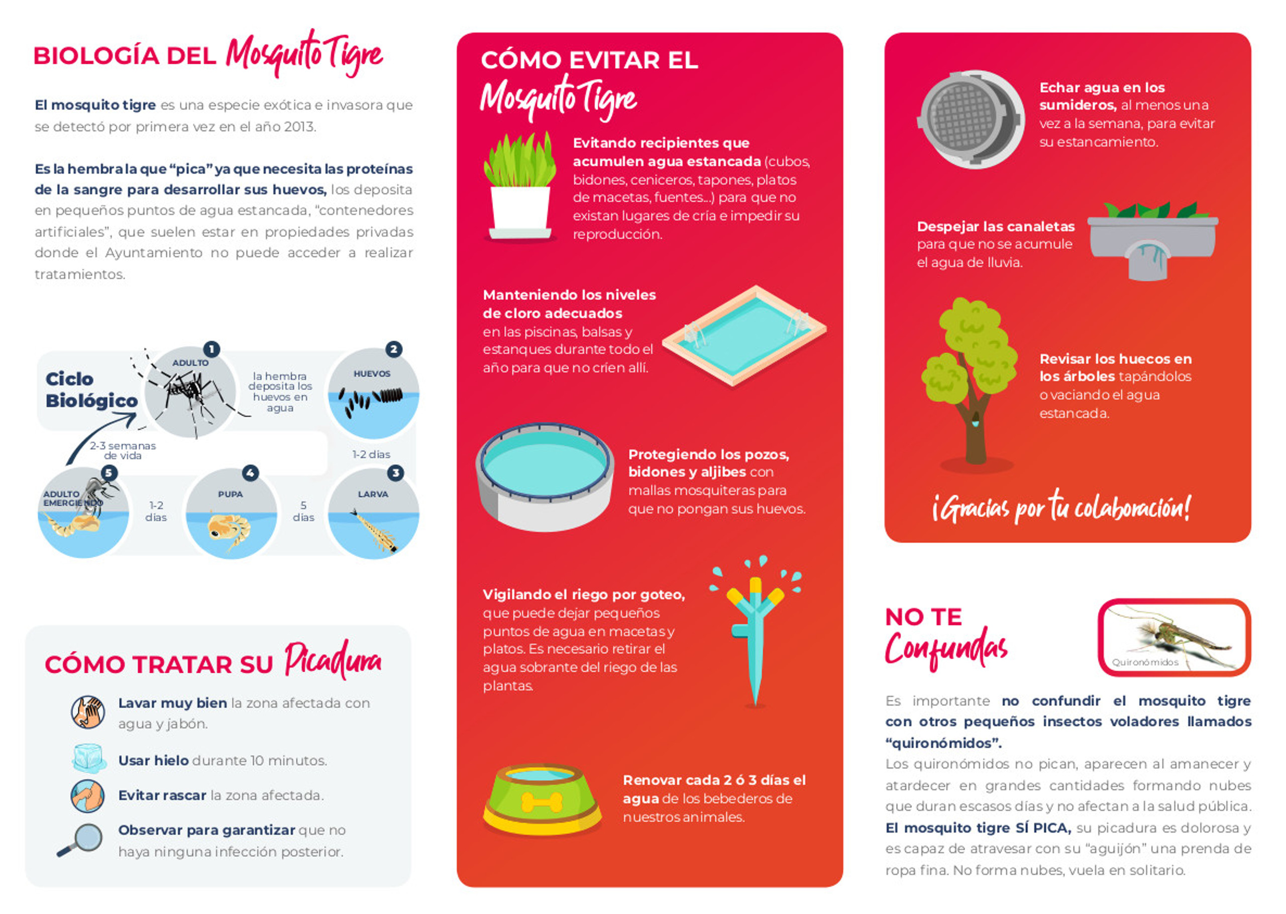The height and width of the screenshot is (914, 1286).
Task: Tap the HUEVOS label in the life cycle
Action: (x=372, y=374)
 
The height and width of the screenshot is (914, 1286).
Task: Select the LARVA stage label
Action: (x=373, y=494)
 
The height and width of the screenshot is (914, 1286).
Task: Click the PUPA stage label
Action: (x=231, y=494)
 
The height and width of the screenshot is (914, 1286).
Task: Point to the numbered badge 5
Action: (x=109, y=472)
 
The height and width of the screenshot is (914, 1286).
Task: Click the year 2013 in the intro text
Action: (x=299, y=127)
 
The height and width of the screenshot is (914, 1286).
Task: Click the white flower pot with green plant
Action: (x=520, y=186)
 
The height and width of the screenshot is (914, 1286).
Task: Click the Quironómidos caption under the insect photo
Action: (x=1145, y=662)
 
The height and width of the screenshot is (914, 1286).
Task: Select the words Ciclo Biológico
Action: (x=91, y=389)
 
